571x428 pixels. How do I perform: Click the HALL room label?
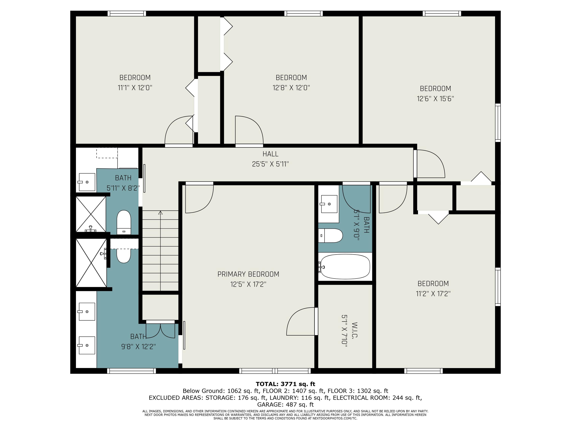[x=270, y=154]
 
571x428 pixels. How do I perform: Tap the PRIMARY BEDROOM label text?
[x=248, y=274]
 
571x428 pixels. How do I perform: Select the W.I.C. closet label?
[x=354, y=330]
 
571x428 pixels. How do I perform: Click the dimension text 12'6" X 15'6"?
[x=435, y=99]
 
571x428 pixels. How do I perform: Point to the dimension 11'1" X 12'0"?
[x=135, y=88]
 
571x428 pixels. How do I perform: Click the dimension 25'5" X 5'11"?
[x=270, y=164]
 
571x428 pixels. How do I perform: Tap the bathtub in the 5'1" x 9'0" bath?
[x=345, y=267]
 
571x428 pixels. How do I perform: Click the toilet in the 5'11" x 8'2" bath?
[x=124, y=222]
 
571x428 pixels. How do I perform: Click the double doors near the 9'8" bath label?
[x=161, y=330]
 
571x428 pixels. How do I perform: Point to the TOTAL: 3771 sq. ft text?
[x=285, y=384]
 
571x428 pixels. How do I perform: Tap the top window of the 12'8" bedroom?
[x=304, y=14]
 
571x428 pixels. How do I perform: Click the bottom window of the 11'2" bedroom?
[x=423, y=371]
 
